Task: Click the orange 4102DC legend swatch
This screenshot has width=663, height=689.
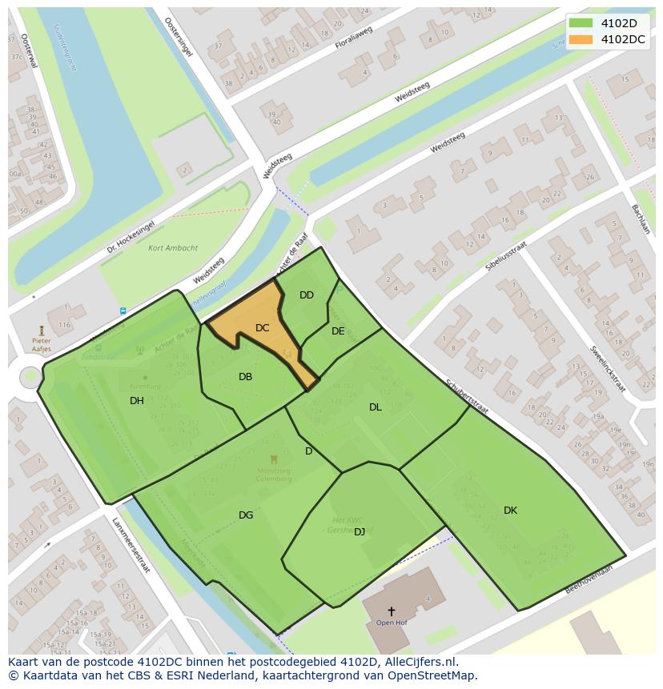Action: point(581,39)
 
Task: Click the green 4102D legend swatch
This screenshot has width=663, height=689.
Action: point(581,23)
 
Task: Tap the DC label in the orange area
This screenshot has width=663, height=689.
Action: point(262,328)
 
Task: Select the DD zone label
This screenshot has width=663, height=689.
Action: point(307,295)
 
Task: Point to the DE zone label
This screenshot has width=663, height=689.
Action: point(338,331)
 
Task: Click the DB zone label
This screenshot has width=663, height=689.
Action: point(246,377)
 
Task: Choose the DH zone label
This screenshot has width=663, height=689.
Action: point(137,401)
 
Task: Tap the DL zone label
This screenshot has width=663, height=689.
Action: point(376,407)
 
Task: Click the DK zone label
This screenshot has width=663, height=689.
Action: point(510,511)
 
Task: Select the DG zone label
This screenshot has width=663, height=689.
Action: point(246,515)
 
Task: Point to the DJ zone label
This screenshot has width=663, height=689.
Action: point(360,531)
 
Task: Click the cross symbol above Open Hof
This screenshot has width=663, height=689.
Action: point(391,611)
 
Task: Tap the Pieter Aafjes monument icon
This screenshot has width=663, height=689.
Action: point(42,329)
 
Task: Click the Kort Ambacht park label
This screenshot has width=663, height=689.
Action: point(173,248)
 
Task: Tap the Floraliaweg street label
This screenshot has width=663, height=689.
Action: point(354,40)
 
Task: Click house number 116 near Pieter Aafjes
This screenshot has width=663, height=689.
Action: point(64,325)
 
